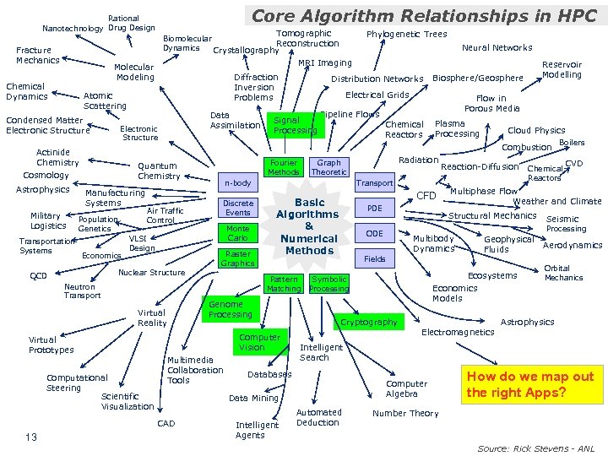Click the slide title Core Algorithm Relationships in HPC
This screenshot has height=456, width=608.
click(424, 14)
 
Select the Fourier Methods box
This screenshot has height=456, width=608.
click(283, 167)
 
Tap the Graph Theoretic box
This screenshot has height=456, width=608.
click(328, 167)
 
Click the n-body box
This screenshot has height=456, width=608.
click(238, 182)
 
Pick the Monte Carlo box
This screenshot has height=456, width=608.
click(238, 233)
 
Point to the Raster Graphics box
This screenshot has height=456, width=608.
click(238, 258)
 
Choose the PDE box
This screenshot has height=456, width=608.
click(375, 208)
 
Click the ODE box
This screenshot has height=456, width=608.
click(375, 233)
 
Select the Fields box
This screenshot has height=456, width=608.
click(375, 258)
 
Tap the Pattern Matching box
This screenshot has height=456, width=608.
click(283, 284)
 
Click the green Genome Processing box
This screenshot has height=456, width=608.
click(231, 309)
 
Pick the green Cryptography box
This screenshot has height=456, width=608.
click(369, 322)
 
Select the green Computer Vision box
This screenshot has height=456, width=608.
click(259, 342)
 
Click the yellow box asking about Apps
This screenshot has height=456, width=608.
click(530, 384)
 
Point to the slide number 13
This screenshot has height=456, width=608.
click(30, 437)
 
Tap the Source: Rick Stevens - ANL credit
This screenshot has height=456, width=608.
click(536, 448)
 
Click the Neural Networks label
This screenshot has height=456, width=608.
click(497, 48)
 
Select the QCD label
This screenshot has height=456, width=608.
click(38, 276)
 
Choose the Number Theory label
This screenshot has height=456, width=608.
click(405, 413)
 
